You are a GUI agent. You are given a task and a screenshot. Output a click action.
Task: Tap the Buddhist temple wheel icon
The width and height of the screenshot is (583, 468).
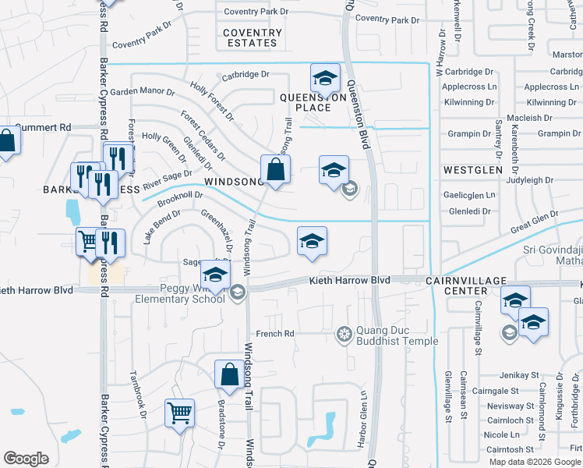click(x=343, y=335)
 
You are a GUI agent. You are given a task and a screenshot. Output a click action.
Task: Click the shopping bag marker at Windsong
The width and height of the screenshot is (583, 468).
click(x=276, y=168)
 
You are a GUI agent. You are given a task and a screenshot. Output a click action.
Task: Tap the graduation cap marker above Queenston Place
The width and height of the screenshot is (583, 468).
click(x=326, y=78)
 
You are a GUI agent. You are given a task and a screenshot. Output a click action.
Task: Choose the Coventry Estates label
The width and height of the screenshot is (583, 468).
click(x=253, y=37)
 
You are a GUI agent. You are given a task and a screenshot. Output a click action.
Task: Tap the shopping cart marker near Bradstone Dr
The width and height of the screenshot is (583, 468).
click(x=179, y=413)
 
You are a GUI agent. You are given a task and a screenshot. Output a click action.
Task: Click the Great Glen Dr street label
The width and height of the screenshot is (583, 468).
click(x=535, y=221)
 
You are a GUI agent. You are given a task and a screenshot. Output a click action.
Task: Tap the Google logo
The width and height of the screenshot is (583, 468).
click(x=26, y=459)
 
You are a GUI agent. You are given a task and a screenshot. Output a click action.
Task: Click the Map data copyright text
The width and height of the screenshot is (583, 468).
click(x=533, y=462)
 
